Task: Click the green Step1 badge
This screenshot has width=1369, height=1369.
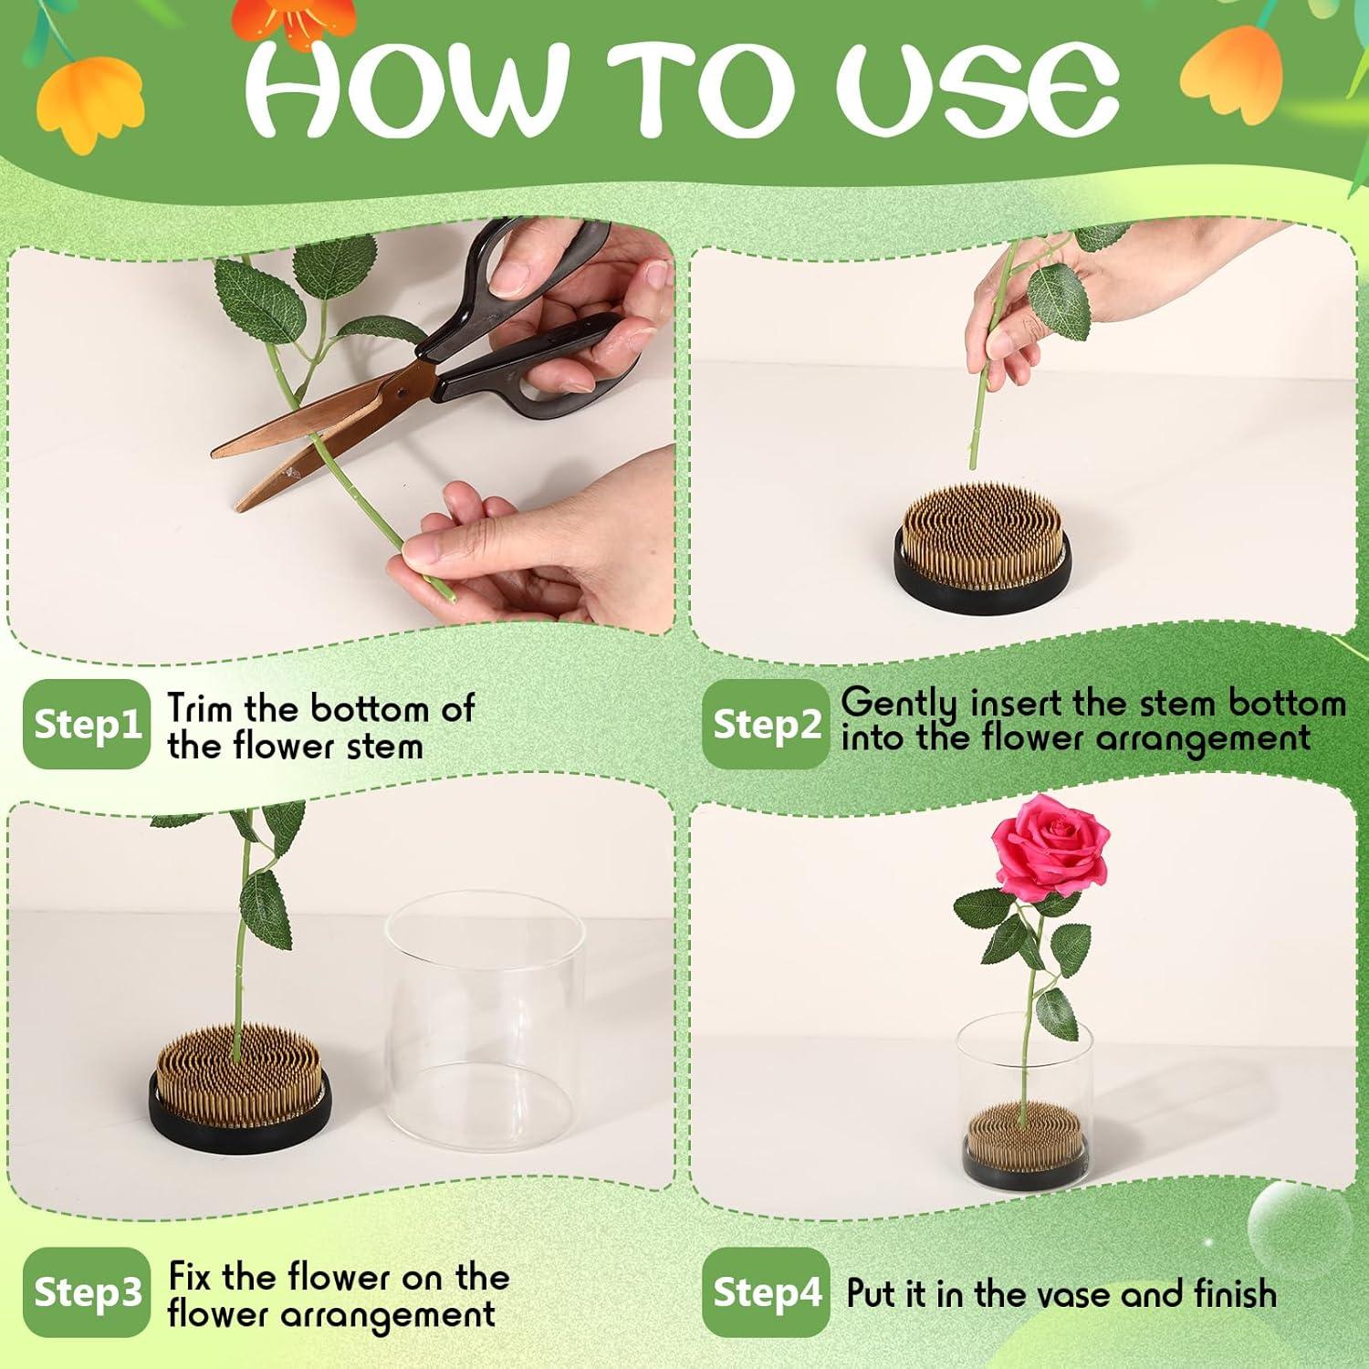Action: (x=86, y=725)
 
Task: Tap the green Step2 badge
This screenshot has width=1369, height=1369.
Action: (x=767, y=725)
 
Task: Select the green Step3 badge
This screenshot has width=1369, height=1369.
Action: (x=86, y=1292)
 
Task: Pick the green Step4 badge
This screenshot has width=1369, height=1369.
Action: (x=767, y=1292)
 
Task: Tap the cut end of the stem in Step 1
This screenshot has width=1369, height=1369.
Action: (x=448, y=595)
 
